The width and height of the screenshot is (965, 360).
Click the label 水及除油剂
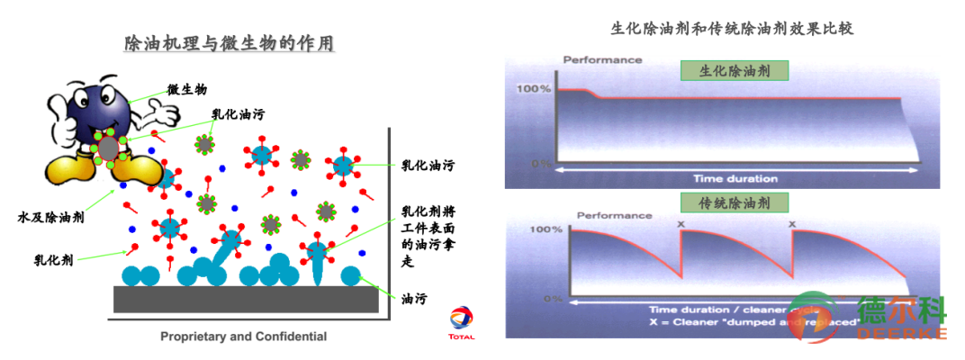(51, 217)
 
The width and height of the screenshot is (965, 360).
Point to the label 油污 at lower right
(414, 299)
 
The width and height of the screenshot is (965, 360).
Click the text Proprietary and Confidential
(243, 337)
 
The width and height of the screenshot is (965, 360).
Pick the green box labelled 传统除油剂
(734, 202)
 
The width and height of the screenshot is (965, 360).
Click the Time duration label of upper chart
(734, 178)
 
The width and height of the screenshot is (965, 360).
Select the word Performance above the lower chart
(615, 215)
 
